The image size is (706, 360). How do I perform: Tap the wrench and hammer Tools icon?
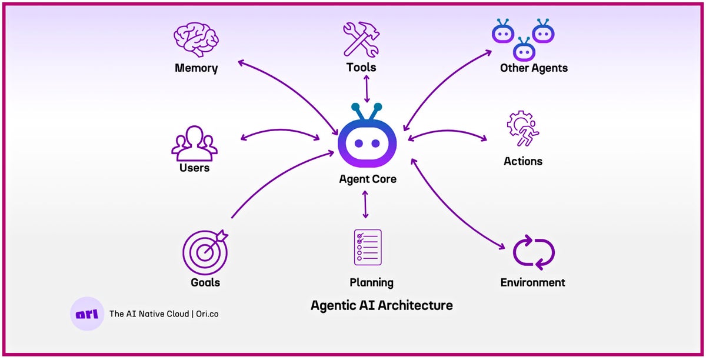click(361, 39)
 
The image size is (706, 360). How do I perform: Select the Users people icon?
click(194, 142)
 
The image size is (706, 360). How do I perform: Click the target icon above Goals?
click(205, 252)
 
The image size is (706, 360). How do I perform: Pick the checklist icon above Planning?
click(368, 247)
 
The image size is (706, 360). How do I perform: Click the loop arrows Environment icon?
click(534, 252)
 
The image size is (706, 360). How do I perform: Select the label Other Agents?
click(534, 68)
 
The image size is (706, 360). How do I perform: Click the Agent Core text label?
click(368, 179)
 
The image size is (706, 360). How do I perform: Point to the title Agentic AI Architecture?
click(382, 305)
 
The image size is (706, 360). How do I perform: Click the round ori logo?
click(87, 314)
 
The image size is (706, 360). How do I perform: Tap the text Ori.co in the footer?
click(207, 314)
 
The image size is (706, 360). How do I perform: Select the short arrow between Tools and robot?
click(367, 89)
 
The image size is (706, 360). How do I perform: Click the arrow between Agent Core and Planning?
click(366, 205)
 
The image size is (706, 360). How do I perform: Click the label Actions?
click(523, 161)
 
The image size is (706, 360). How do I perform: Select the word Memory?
click(196, 68)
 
